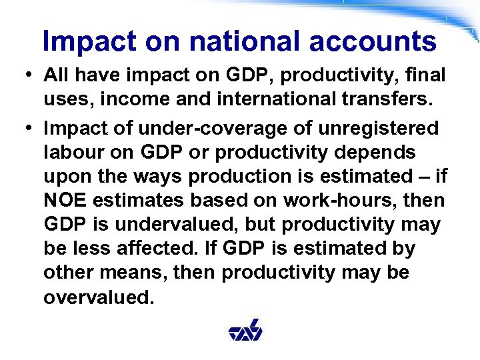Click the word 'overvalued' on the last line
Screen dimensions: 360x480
pos(97,297)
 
